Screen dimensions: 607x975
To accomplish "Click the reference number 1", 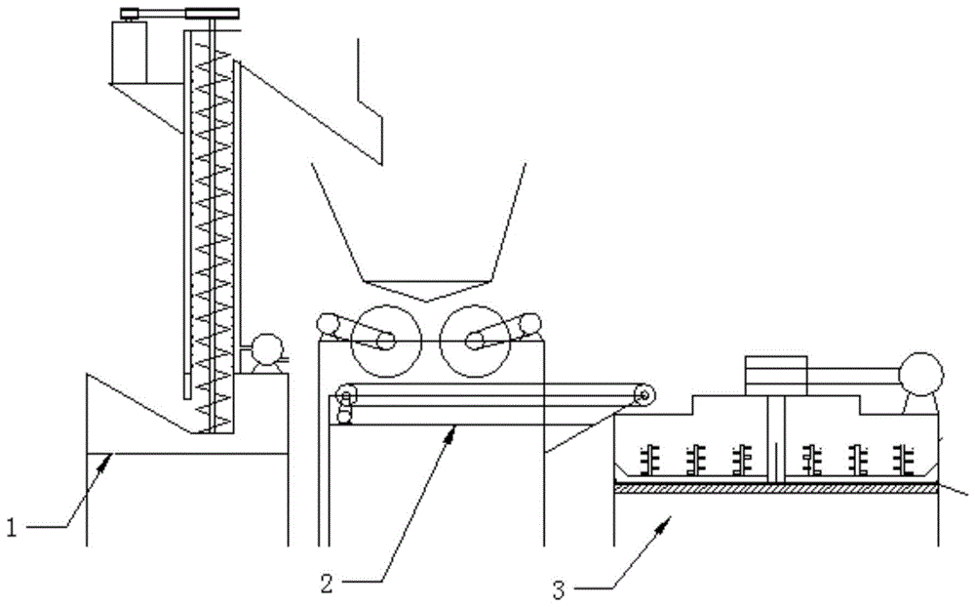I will coord(12,529).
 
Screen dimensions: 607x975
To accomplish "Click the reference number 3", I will coord(558,589).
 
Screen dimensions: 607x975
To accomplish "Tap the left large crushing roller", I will coord(384,341).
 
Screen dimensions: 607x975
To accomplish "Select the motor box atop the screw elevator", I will coord(130,52).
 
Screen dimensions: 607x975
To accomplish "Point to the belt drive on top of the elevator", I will coord(179,14).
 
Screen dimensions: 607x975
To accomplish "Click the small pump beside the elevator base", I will coord(263,348).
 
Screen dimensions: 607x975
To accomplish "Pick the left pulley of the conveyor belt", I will coord(343,394).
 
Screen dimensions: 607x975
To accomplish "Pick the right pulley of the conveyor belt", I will coord(643,394).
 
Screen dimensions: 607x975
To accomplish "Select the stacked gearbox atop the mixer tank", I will coord(776,376).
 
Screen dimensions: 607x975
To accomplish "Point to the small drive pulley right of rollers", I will coord(529,324).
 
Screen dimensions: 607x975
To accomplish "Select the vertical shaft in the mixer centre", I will coord(775,438).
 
